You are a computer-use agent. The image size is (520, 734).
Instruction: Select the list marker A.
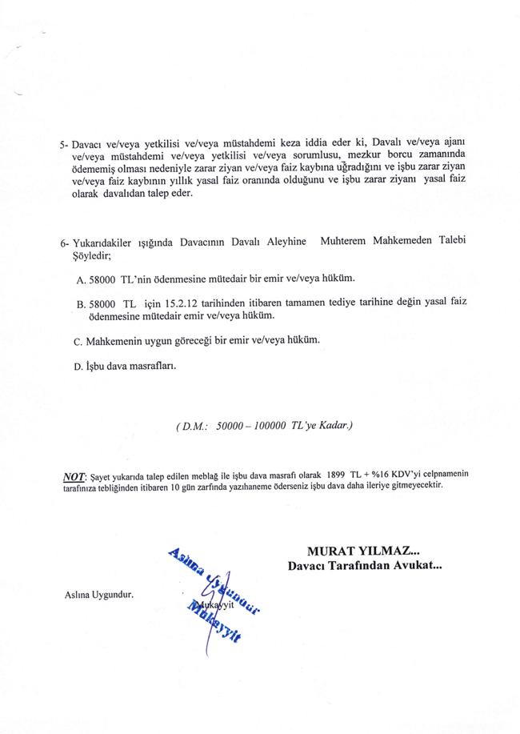82,279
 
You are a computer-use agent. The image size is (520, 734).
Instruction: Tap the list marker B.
82,305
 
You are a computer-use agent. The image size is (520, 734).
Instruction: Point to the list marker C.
78,342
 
